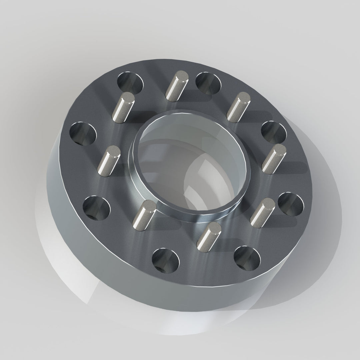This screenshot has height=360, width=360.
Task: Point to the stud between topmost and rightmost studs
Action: point(237,107)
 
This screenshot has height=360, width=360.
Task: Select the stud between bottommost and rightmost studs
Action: point(262,211)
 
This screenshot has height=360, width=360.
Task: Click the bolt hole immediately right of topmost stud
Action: point(209,82)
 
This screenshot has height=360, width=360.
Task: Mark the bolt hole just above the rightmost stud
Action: point(273,132)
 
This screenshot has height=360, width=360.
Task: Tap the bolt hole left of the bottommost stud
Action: point(165,259)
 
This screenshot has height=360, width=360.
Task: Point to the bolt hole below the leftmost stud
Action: point(96,207)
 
